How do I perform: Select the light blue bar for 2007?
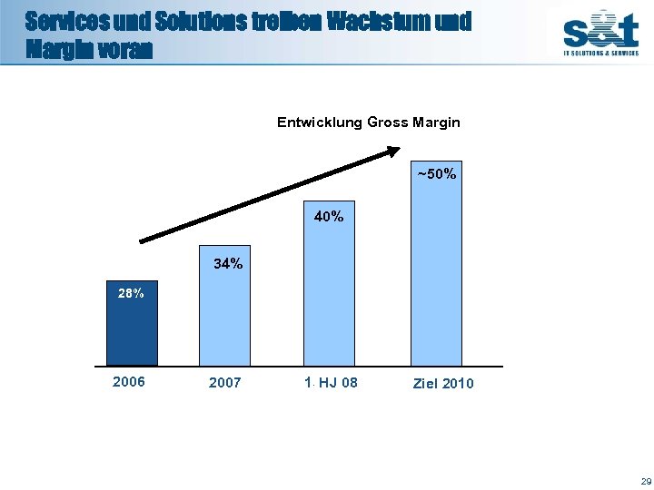(224, 314)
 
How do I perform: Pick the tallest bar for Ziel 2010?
(436, 272)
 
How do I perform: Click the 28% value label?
(131, 293)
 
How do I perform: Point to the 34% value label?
(228, 264)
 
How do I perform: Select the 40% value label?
(329, 217)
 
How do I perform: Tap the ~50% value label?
(436, 173)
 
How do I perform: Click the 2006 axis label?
(129, 382)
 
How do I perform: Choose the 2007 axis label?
(225, 383)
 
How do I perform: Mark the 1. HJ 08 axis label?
(332, 382)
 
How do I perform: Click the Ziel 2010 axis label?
(443, 383)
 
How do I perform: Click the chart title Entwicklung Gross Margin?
(368, 122)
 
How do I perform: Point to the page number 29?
(645, 480)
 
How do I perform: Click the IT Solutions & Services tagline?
(600, 54)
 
